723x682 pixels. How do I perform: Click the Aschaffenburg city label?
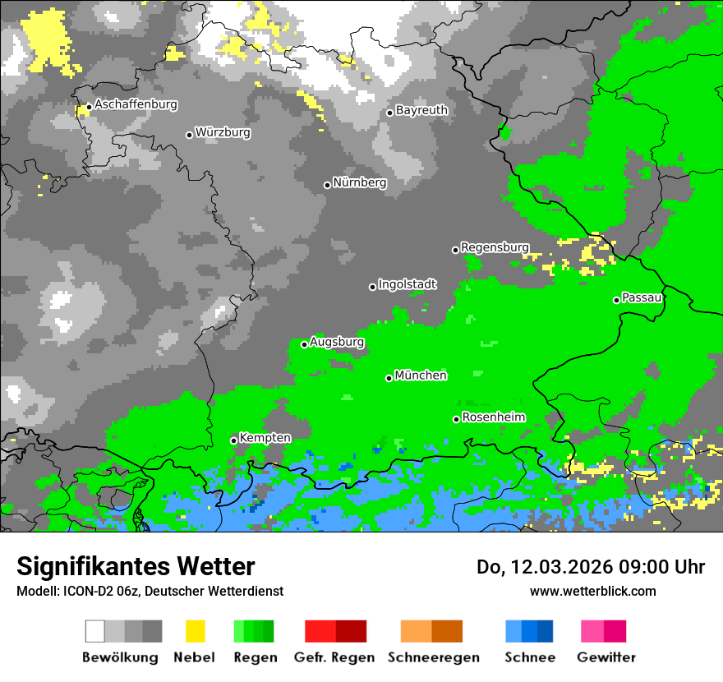(x=136, y=105)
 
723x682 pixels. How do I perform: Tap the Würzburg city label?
(x=223, y=132)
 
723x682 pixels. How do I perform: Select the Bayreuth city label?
(x=421, y=110)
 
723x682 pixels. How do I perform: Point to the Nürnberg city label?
(x=360, y=182)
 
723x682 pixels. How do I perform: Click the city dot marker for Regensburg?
(x=456, y=250)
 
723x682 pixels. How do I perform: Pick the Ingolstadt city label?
(x=408, y=284)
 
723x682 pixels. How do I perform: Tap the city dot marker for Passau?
(x=616, y=300)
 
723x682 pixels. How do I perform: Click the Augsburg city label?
(x=337, y=342)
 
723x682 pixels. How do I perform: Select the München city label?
(x=421, y=376)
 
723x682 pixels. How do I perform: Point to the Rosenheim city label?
(x=493, y=417)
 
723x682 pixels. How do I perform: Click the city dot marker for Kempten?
(x=234, y=440)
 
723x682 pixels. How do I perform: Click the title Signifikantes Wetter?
(x=136, y=566)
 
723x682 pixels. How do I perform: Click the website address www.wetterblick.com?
(x=592, y=591)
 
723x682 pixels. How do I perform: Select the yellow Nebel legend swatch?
(x=195, y=631)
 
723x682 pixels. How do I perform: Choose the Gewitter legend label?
(x=606, y=657)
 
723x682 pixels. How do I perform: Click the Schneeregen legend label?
(x=434, y=657)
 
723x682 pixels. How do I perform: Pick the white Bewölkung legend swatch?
(x=95, y=631)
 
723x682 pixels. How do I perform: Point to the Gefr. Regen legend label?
(x=334, y=657)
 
